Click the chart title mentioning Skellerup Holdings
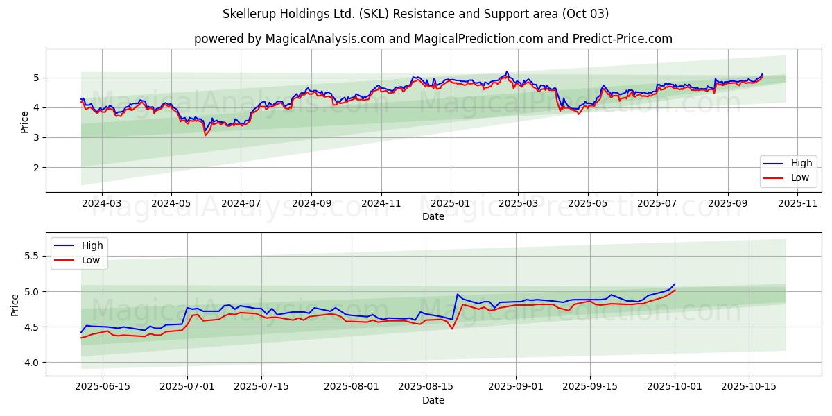pyautogui.click(x=415, y=14)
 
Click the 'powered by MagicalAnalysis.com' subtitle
pyautogui.click(x=433, y=39)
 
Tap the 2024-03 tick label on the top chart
pyautogui.click(x=102, y=203)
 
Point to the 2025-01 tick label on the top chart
pyautogui.click(x=451, y=203)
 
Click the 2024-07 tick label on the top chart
pyautogui.click(x=241, y=203)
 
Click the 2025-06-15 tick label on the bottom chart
pyautogui.click(x=103, y=387)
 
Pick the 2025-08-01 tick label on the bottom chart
pyautogui.click(x=352, y=387)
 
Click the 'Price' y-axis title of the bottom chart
pyautogui.click(x=15, y=304)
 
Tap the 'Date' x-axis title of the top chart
pyautogui.click(x=433, y=216)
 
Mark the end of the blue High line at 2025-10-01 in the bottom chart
pyautogui.click(x=675, y=284)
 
